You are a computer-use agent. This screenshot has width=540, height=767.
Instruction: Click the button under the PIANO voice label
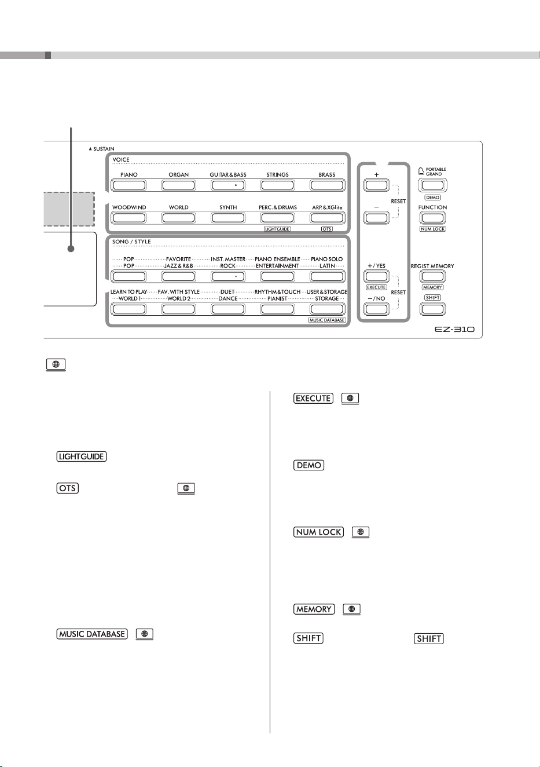coord(128,185)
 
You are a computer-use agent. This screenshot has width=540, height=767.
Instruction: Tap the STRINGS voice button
coord(277,185)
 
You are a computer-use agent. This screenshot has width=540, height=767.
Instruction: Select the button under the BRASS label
coord(327,185)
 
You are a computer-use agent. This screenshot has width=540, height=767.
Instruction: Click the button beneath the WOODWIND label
coord(128,218)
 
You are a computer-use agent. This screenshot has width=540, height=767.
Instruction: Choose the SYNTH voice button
coord(228,218)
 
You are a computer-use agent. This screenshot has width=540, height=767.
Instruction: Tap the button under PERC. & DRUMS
coord(277,218)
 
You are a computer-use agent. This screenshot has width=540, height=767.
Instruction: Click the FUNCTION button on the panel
coord(432,218)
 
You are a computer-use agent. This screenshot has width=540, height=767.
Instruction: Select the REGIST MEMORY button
coord(432,276)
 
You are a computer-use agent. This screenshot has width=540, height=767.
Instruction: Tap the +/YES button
coord(376,276)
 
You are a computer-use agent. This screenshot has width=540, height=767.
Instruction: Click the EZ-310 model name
coord(454,330)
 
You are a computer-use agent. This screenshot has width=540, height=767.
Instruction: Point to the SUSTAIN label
coord(102,149)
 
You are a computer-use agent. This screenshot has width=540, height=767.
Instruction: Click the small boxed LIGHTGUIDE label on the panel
coord(277,229)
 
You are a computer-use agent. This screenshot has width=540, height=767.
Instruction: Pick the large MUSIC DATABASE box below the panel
coord(92,634)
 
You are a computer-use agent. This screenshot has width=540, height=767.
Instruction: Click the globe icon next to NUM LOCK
coord(361,532)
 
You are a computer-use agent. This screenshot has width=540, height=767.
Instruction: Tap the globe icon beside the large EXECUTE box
coord(350,399)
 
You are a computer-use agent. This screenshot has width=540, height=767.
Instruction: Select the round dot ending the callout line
coord(71,249)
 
